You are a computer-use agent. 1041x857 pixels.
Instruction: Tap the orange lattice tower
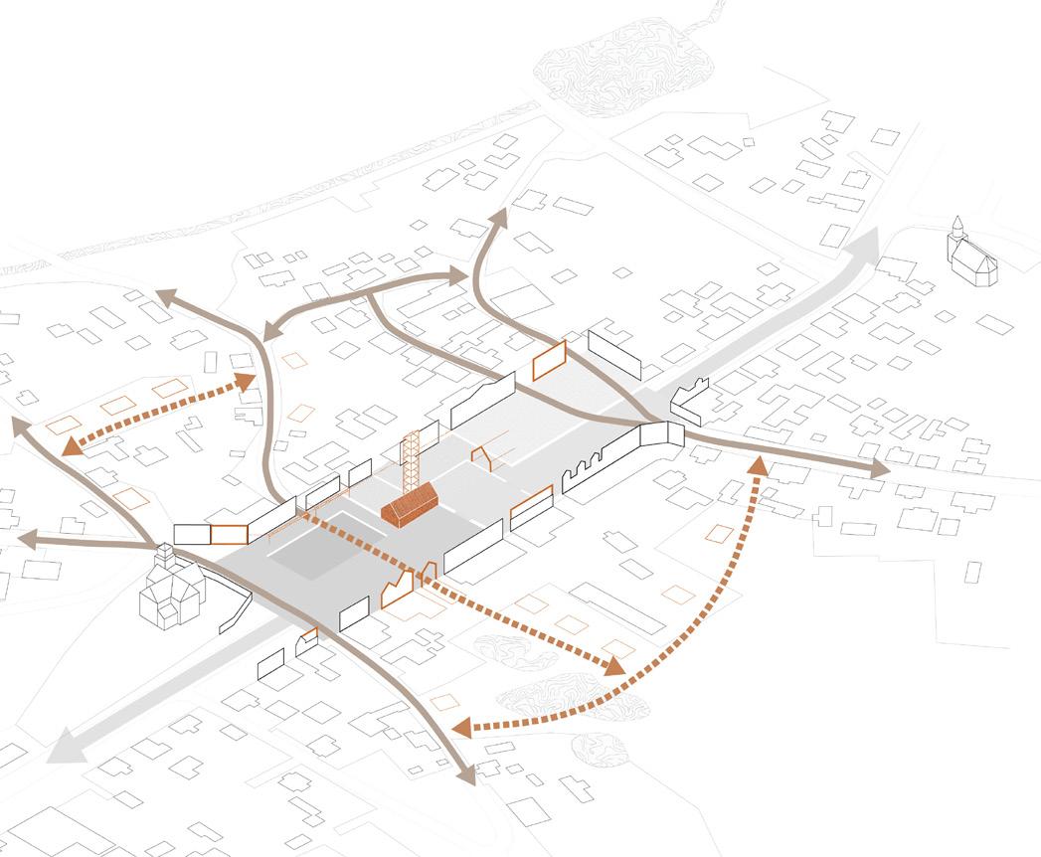[408, 462]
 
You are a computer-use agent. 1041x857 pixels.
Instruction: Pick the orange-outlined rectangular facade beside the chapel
[229, 534]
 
